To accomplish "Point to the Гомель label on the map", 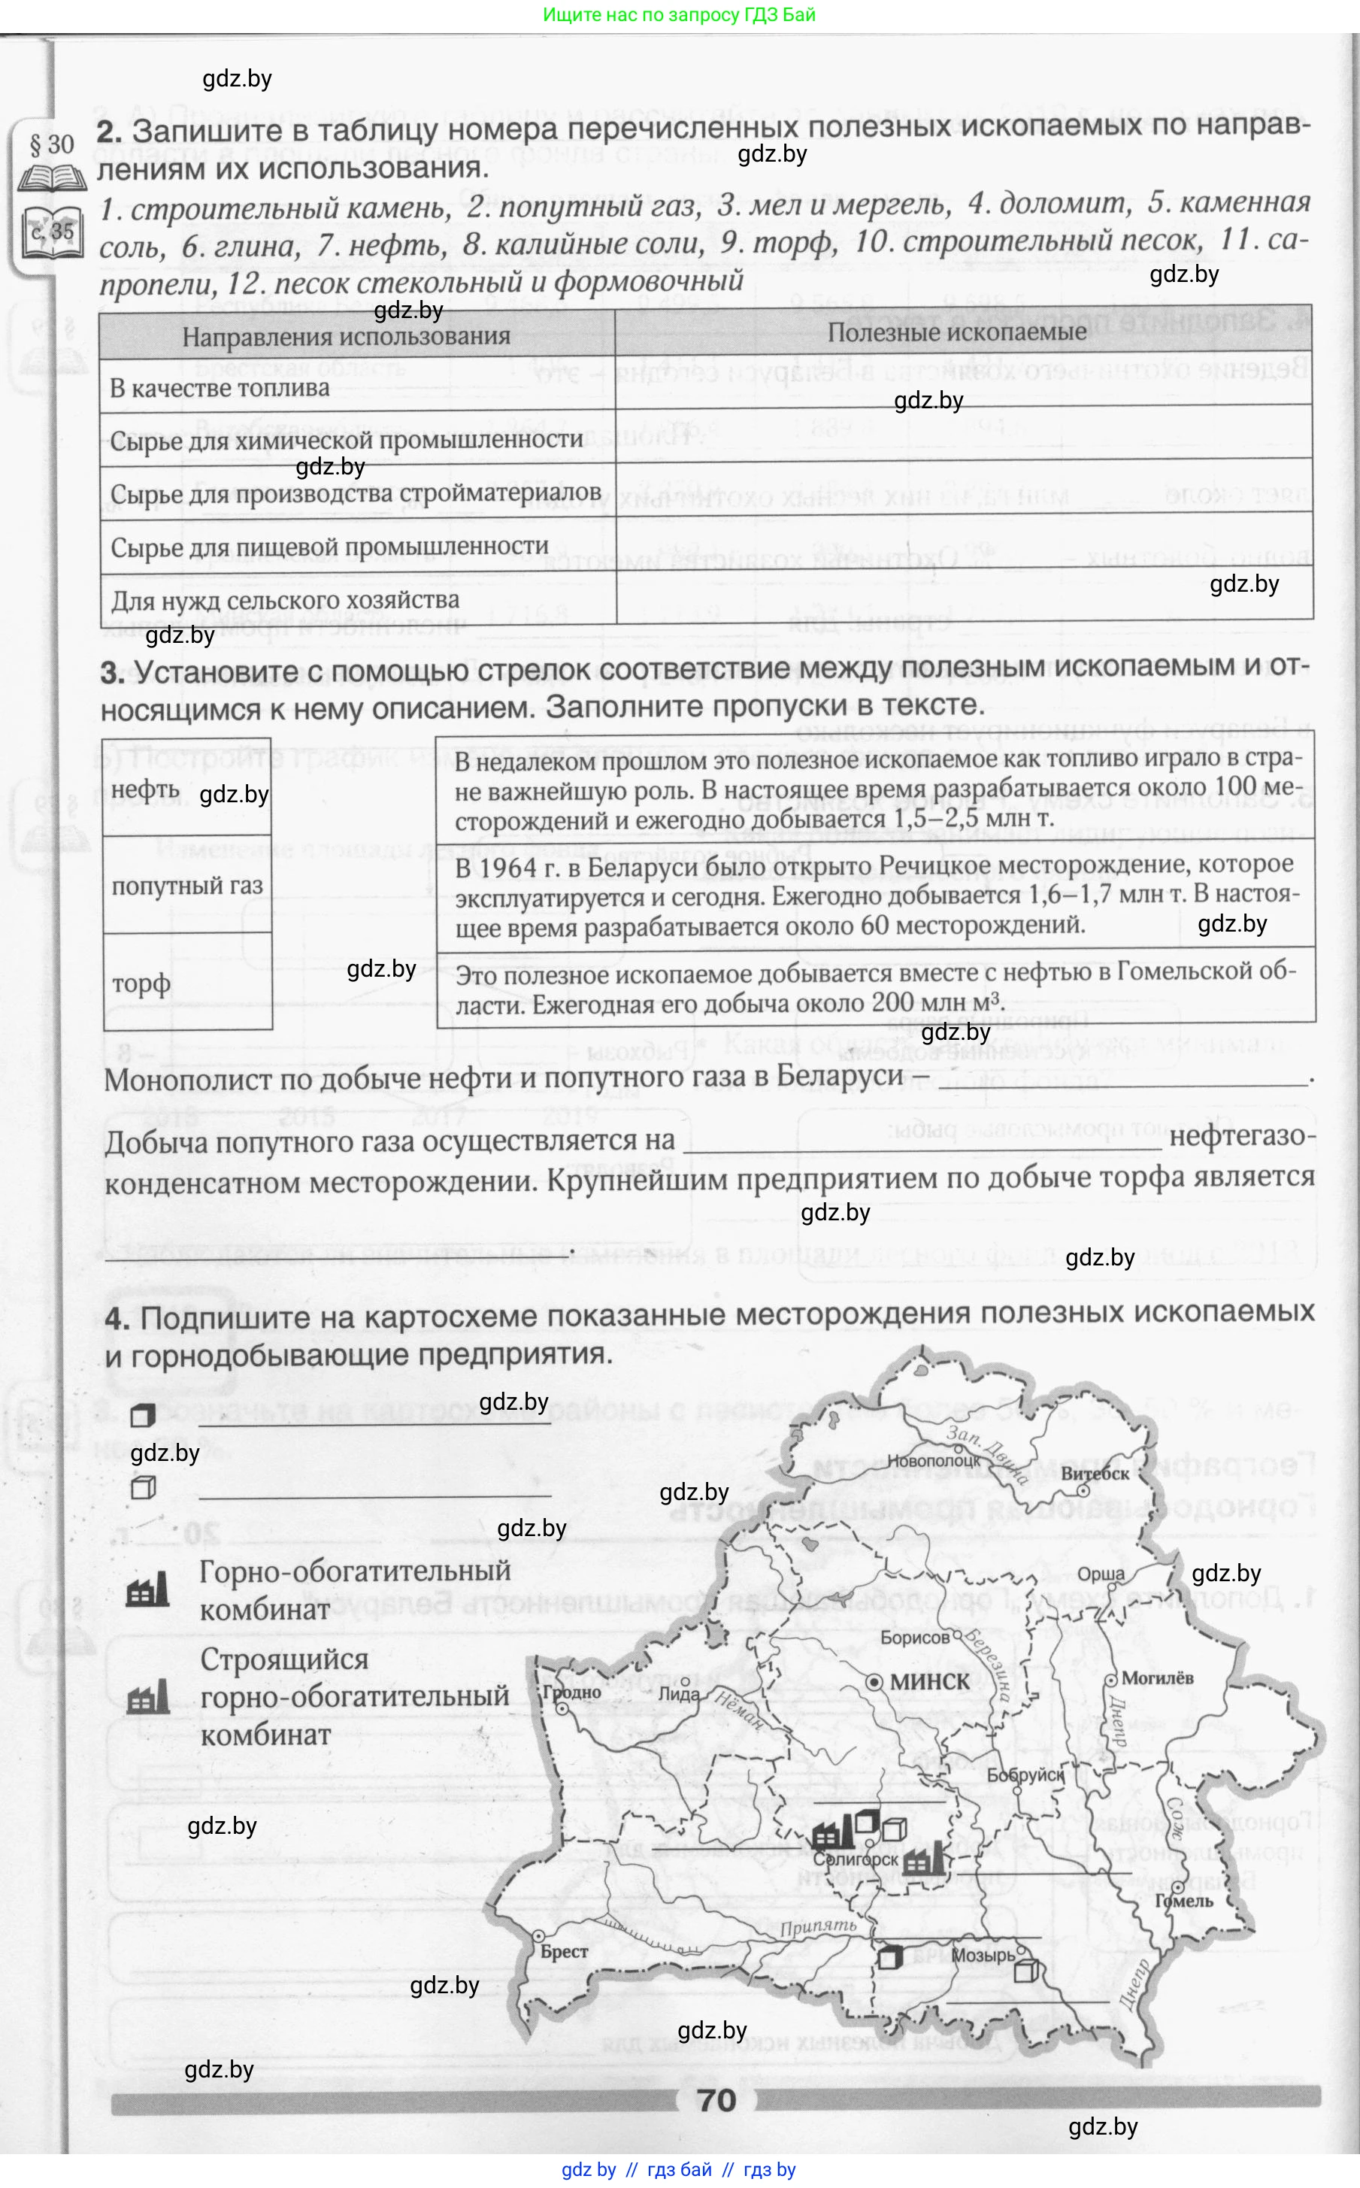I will [1183, 1900].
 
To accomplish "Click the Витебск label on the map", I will [1094, 1474].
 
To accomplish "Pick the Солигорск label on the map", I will [856, 1859].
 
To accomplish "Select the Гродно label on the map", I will [571, 1692].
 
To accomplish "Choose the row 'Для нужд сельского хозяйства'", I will [284, 600].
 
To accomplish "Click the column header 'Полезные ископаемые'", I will [956, 332].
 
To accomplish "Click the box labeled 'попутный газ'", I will [187, 886].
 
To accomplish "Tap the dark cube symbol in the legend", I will [142, 1416].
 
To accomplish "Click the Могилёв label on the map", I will [1157, 1677].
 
